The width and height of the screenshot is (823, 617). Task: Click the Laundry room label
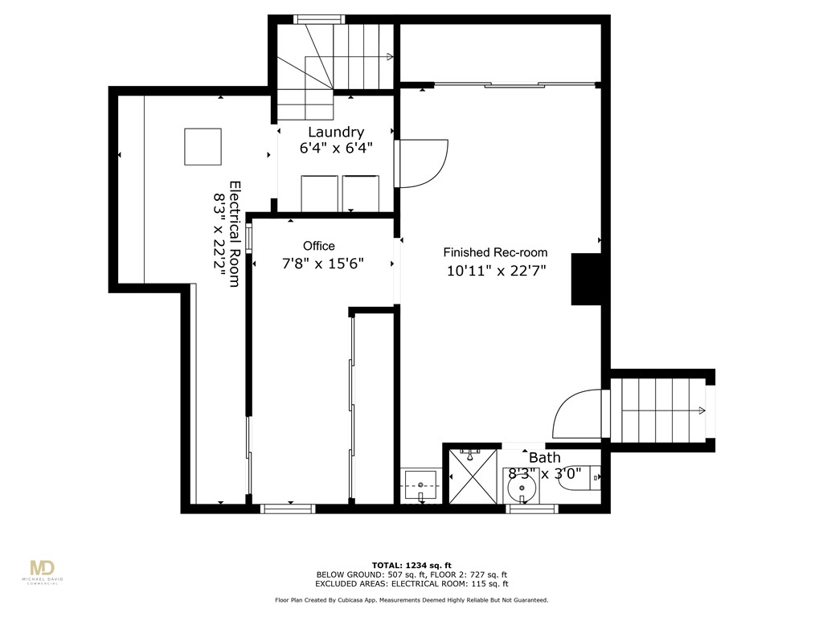click(336, 132)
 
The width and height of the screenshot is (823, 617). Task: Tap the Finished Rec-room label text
click(496, 252)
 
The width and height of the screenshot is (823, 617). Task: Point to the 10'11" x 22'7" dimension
click(496, 271)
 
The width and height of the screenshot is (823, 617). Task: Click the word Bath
click(544, 458)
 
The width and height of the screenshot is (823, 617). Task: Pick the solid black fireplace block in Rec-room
click(586, 279)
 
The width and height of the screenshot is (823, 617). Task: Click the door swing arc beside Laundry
click(424, 163)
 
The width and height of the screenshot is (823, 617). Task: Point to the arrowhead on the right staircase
click(703, 411)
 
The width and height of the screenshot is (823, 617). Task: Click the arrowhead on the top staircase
click(390, 57)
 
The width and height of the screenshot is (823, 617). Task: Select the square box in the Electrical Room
click(203, 146)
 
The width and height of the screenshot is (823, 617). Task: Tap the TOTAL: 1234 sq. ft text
click(411, 565)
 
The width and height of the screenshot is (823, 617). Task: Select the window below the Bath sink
click(532, 508)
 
